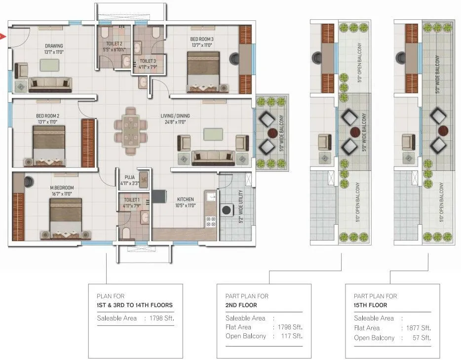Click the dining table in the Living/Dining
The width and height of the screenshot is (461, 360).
coord(131,129)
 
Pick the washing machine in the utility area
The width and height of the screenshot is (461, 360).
coord(228,209)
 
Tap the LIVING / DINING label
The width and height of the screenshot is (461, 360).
coord(175,116)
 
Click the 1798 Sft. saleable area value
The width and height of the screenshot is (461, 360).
coord(162,319)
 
